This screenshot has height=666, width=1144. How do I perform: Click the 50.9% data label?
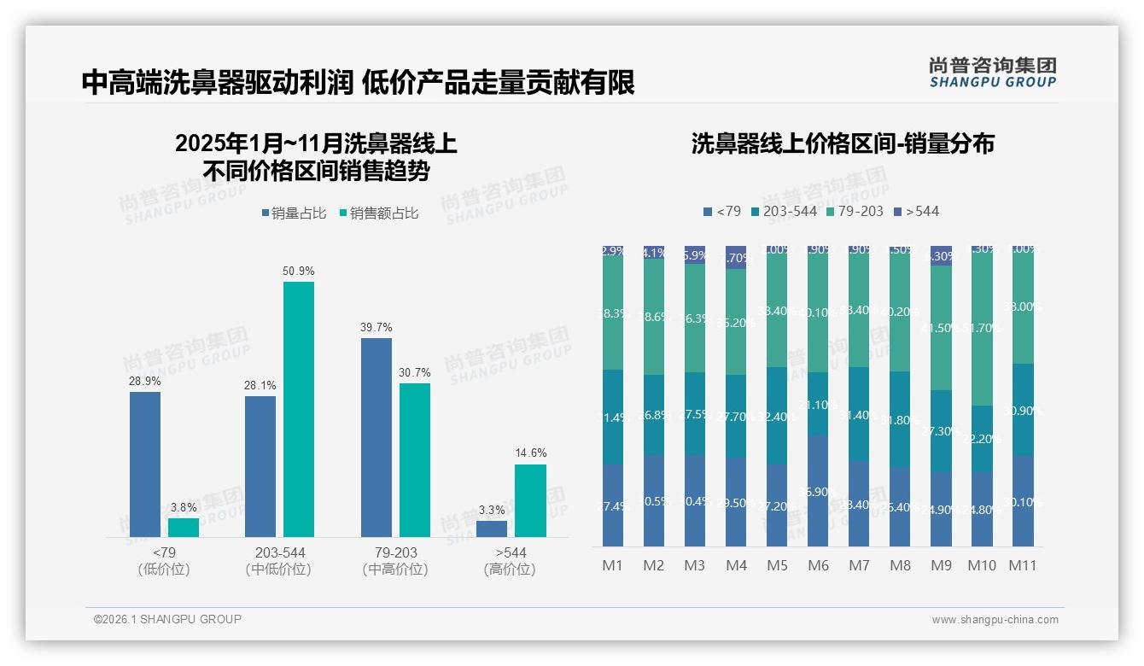click(299, 271)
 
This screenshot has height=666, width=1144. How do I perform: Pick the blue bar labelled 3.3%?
click(492, 529)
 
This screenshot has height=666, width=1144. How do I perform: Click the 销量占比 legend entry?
click(294, 213)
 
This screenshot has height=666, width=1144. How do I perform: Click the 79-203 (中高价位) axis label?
click(395, 561)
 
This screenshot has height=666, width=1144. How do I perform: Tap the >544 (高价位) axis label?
click(510, 561)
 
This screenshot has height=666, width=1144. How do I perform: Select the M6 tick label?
click(817, 565)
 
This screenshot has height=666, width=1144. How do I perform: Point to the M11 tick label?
click(1022, 565)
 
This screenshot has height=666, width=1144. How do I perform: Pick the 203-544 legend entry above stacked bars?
click(783, 211)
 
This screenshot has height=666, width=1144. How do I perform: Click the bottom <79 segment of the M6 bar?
click(818, 490)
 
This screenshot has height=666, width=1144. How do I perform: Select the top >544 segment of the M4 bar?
click(736, 257)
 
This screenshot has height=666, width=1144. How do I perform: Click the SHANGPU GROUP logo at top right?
click(992, 72)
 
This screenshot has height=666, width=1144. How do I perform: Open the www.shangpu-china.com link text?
click(995, 620)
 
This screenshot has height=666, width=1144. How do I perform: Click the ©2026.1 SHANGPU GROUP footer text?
click(167, 619)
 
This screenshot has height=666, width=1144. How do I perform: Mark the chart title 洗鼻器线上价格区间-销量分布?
click(843, 143)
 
